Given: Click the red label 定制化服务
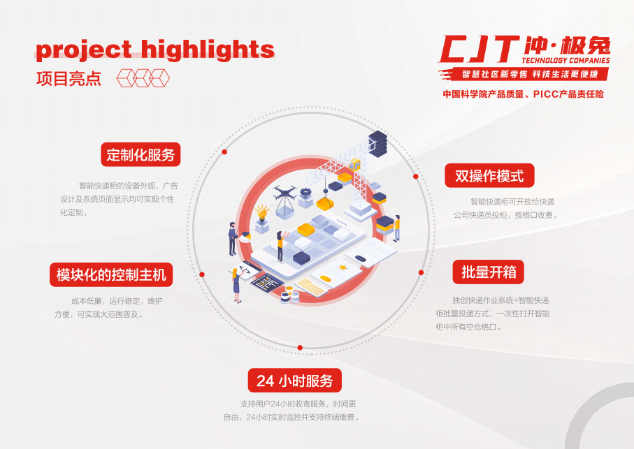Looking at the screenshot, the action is click(x=141, y=154).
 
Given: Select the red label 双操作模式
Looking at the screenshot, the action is click(x=489, y=176).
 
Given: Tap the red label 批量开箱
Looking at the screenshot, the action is click(x=488, y=272).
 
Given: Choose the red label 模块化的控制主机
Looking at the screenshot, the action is click(x=111, y=275).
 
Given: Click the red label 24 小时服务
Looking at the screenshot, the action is click(x=295, y=381).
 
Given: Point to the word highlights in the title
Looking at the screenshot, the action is click(x=208, y=50).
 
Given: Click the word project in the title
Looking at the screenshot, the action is click(x=84, y=50).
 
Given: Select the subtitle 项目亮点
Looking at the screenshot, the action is click(x=69, y=78).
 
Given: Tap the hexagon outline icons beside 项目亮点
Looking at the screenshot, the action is click(x=143, y=78).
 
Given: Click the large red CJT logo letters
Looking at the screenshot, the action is click(x=480, y=50).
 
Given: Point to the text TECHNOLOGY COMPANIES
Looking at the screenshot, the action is click(x=565, y=61).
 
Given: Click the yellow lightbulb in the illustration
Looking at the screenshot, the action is click(x=261, y=213).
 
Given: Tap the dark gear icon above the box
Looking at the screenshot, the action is click(x=305, y=192).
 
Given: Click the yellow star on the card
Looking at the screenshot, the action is click(x=343, y=267).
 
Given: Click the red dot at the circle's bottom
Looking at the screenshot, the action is click(x=300, y=348).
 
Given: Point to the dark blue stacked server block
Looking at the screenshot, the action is click(x=377, y=144).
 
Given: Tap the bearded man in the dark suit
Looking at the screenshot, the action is click(x=233, y=239).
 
